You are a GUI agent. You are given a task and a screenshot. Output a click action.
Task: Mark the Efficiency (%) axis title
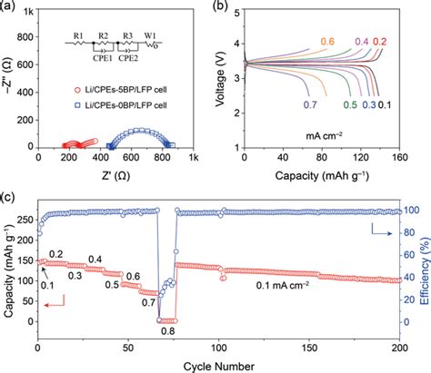(424, 272)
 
